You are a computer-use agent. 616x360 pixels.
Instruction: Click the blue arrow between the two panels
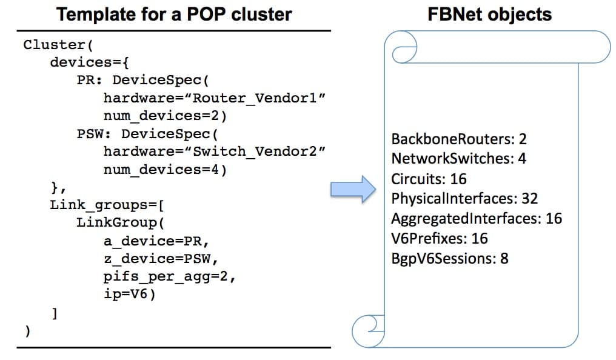pos(353,189)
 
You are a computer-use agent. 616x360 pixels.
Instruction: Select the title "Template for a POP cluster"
pos(174,15)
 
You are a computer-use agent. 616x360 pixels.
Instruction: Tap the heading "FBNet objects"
pos(489,14)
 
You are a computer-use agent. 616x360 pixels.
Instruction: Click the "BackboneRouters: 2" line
pos(458,139)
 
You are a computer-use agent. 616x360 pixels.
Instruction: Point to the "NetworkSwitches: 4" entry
pos(458,159)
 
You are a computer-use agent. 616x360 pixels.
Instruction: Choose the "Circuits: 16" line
pos(429,179)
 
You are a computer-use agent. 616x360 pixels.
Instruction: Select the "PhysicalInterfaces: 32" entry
pos(464,199)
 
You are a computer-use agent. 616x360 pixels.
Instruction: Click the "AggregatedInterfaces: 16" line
pos(477,219)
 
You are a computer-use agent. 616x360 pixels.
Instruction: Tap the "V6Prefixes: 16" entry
pos(439,238)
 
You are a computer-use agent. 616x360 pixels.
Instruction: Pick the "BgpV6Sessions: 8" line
pos(449,259)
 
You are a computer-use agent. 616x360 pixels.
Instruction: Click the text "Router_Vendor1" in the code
pos(255,98)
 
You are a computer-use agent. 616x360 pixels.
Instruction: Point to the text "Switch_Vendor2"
pos(255,151)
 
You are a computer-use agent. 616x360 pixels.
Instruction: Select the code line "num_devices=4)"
pos(165,170)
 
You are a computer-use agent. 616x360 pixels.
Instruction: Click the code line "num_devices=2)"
pos(165,116)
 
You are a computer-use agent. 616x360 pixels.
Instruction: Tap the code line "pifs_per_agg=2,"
pos(169,277)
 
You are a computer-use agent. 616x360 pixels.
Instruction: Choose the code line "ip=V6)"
pos(130,294)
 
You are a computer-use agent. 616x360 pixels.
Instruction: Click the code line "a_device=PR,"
pos(156,241)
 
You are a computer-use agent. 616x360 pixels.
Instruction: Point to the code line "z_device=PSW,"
pos(161,259)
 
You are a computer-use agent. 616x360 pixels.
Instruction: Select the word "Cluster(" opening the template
pos(58,45)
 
